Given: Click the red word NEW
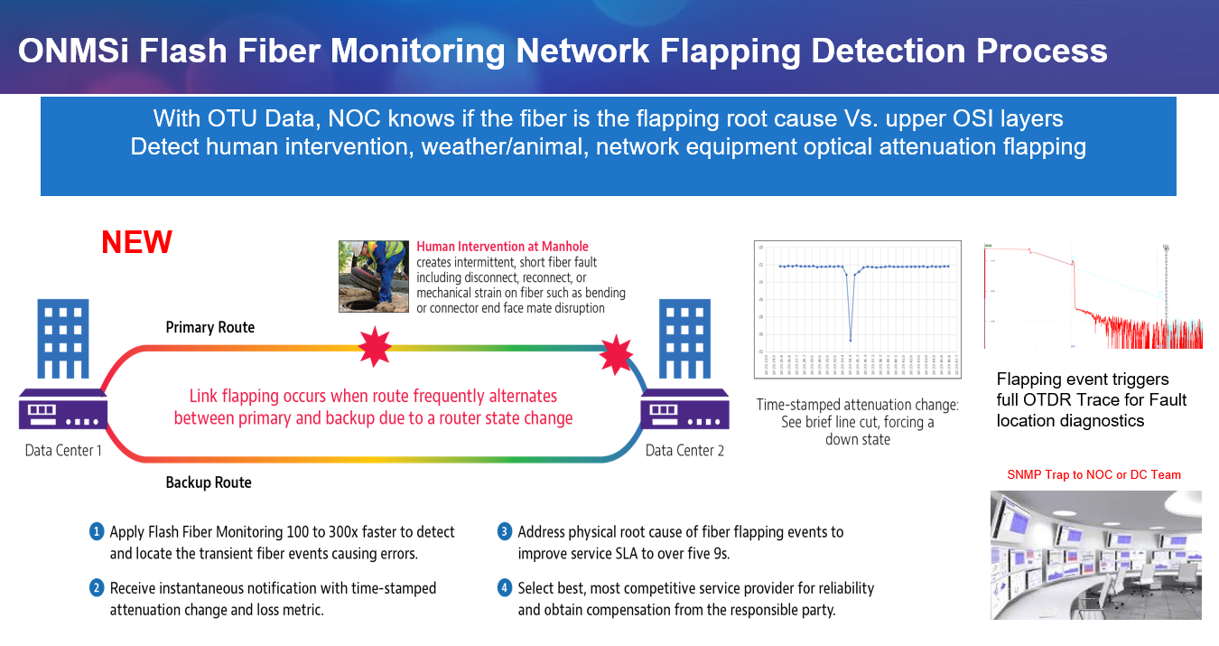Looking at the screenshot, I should (x=136, y=242).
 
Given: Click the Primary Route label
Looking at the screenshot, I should (x=209, y=327).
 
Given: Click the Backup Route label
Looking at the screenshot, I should (x=209, y=482).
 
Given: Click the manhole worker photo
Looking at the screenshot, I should (x=374, y=276).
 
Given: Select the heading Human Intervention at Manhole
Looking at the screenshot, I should (x=503, y=246).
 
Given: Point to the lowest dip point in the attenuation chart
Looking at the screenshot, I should (x=851, y=340).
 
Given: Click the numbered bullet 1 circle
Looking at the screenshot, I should (x=97, y=531).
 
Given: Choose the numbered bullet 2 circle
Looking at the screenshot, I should (x=97, y=588).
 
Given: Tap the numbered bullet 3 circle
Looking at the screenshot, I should (x=505, y=531).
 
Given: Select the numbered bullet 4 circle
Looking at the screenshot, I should (x=505, y=588).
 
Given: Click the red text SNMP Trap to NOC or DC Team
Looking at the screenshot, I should (x=1093, y=474).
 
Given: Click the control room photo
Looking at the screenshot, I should (x=1095, y=555).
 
